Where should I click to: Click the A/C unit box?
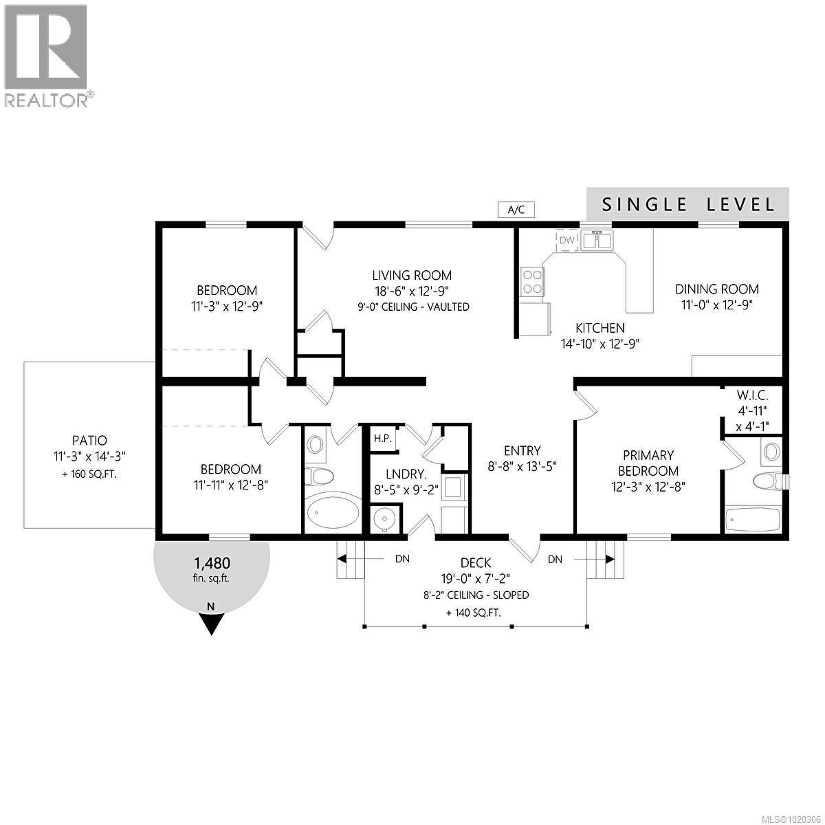(516, 210)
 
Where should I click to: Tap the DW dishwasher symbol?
(566, 240)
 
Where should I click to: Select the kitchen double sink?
(597, 241)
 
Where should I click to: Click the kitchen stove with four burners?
(533, 282)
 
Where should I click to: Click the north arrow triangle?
(211, 622)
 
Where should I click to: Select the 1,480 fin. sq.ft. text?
(212, 569)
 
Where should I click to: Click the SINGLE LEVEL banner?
(687, 204)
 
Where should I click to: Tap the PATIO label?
(89, 440)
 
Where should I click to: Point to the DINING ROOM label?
(717, 289)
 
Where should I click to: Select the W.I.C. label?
(751, 395)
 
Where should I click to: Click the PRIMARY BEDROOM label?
(648, 463)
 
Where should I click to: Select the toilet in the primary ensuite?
(766, 480)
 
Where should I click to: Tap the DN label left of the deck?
(402, 559)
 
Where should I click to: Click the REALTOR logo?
(47, 55)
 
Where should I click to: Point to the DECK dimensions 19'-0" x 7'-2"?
(476, 578)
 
